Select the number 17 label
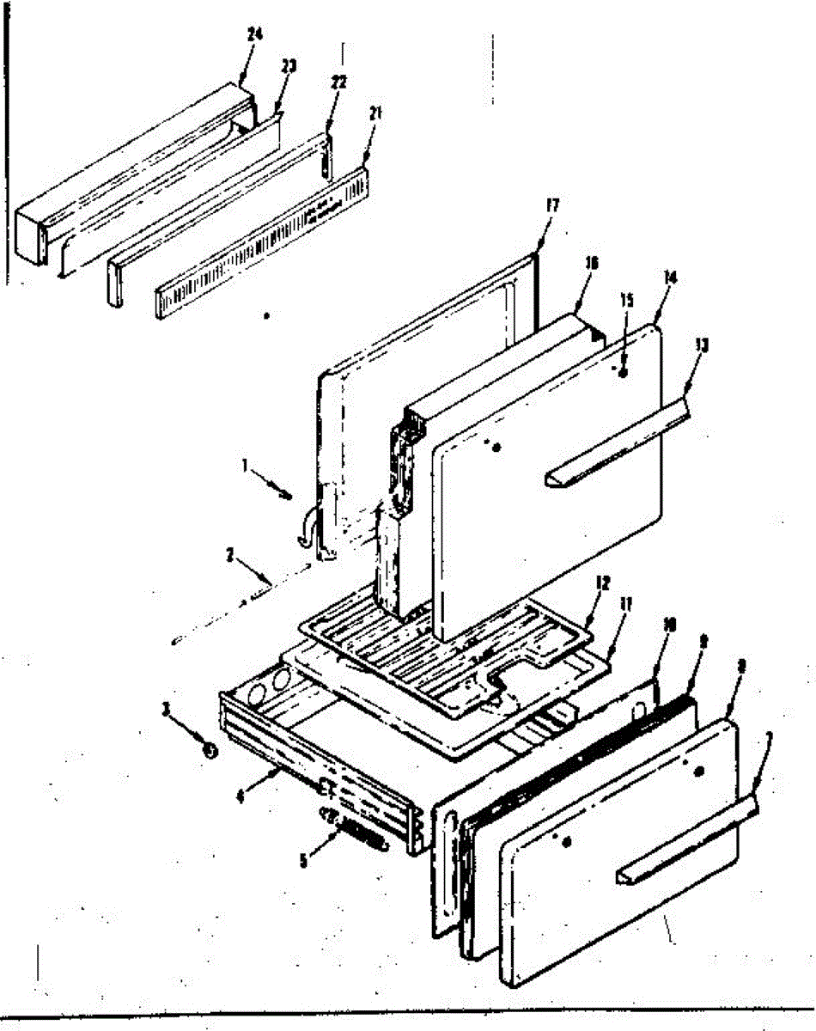tap(552, 206)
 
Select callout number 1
tap(246, 467)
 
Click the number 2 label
tap(230, 556)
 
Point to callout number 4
tap(241, 796)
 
